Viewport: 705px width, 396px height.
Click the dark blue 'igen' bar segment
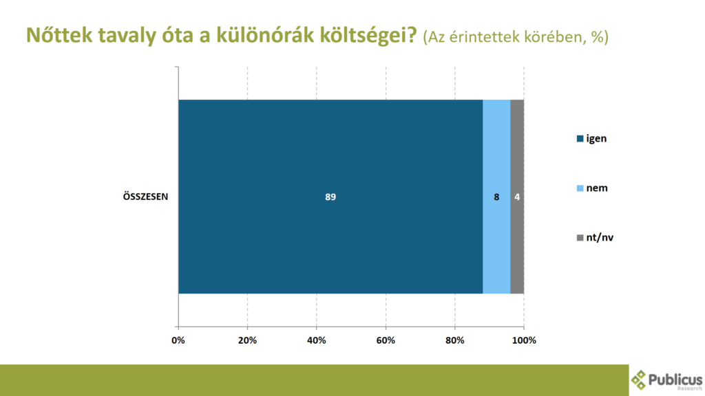pos(330,197)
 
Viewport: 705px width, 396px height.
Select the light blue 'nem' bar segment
pos(496,197)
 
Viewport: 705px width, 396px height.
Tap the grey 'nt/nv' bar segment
pos(517,197)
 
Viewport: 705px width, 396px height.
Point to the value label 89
pos(330,197)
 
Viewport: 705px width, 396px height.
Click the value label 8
pos(496,197)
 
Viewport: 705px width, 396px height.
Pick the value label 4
pos(517,197)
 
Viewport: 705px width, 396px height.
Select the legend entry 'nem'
pos(592,188)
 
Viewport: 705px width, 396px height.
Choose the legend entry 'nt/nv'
pos(595,237)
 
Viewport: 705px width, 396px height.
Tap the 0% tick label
pos(178,340)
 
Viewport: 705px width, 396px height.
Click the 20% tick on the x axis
pos(247,340)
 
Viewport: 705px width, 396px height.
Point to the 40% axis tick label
pos(317,340)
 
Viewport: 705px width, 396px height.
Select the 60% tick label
pos(386,340)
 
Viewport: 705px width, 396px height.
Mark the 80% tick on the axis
pos(455,340)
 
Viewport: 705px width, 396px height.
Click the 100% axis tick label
pos(524,340)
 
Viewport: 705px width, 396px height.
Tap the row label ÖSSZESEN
pos(146,197)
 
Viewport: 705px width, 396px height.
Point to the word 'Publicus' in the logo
pos(675,379)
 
